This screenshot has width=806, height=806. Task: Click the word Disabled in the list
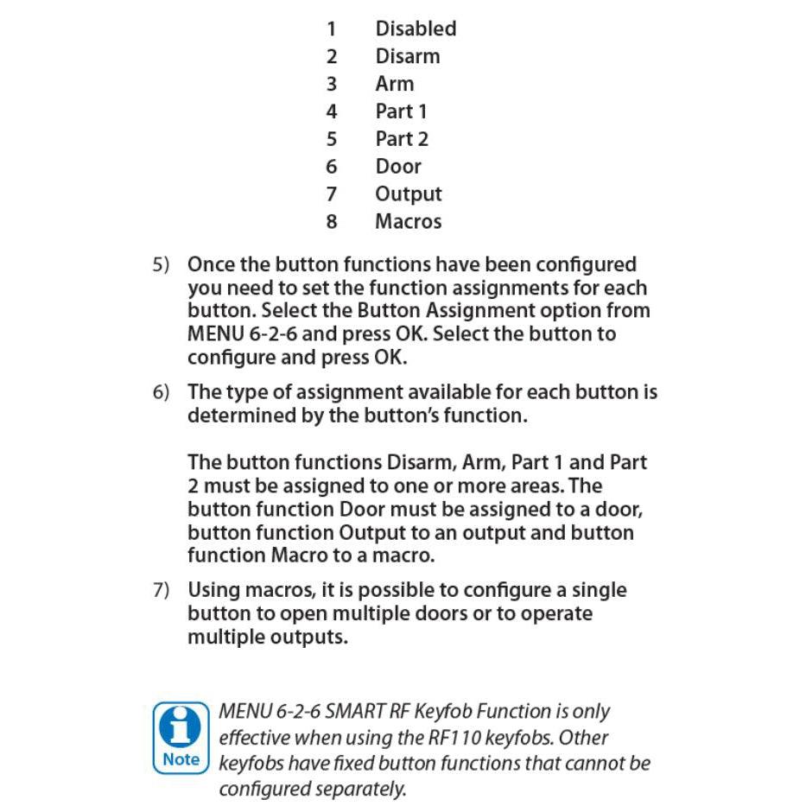415,29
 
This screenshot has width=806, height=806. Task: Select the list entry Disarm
407,56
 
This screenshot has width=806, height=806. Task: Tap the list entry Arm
394,84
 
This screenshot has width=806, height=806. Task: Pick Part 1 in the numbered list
401,111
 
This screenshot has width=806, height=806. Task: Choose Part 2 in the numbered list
402,139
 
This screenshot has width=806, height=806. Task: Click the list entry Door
398,167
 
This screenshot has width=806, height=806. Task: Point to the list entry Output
408,194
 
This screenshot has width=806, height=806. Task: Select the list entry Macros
408,222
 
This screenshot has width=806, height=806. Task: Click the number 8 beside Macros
332,222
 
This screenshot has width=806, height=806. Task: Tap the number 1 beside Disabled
332,29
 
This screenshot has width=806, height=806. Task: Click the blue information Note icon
181,737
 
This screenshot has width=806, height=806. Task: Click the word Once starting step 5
212,265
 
